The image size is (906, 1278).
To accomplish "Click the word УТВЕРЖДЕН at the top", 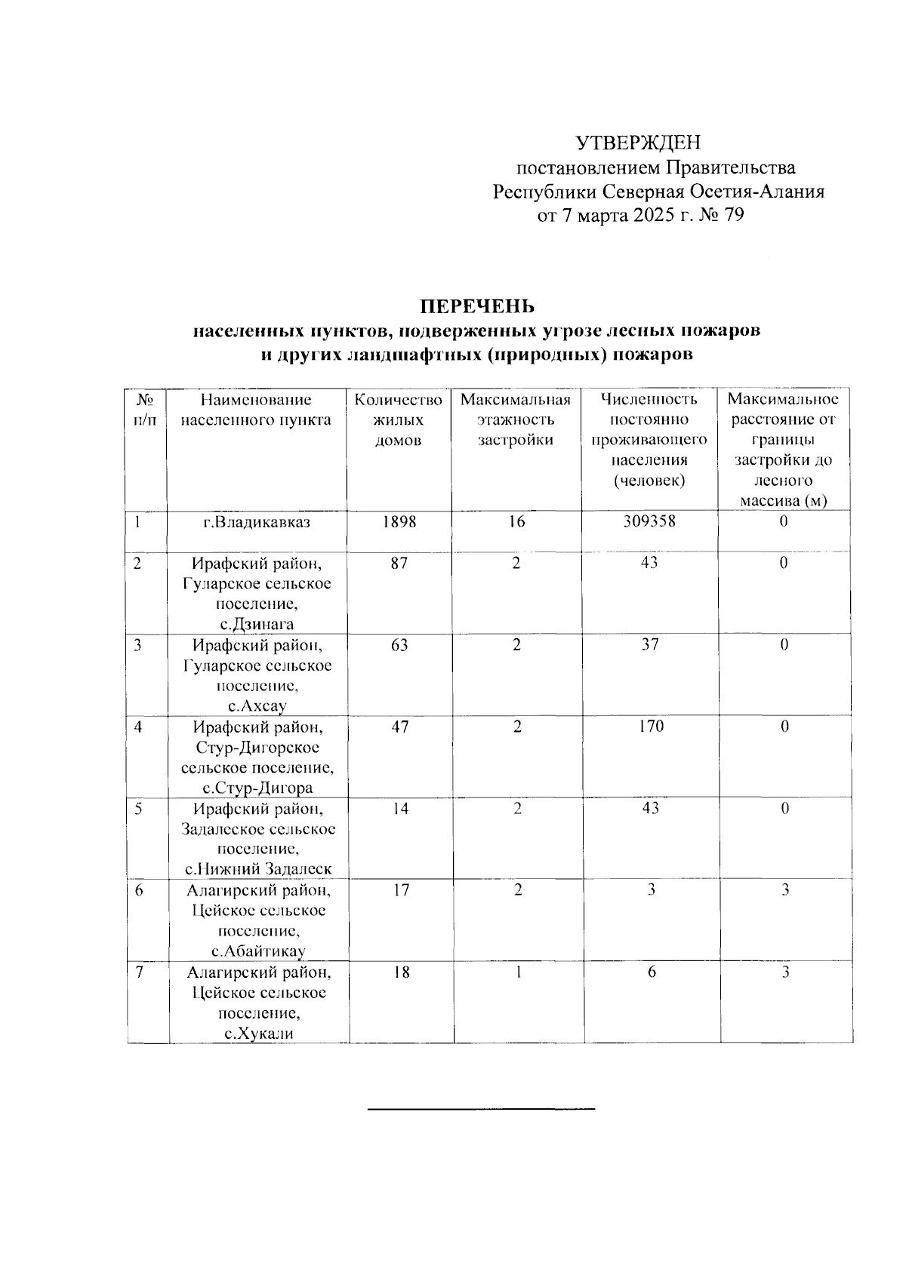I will [639, 142].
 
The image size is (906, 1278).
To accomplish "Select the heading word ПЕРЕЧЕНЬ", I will [477, 306].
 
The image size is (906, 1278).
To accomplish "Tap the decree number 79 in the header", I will [733, 216].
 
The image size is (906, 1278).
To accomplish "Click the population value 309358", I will [650, 521].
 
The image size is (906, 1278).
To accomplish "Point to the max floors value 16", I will [516, 521].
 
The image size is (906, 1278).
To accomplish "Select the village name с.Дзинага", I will [257, 624].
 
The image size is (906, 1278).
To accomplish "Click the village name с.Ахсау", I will [257, 706].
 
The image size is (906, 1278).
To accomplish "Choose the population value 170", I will [650, 726].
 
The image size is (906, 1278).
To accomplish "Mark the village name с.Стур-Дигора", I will [257, 788].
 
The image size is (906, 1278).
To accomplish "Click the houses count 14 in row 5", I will [400, 808].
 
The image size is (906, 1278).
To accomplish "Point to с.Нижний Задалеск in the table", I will [257, 869].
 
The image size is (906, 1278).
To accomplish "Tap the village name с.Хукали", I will [257, 1034].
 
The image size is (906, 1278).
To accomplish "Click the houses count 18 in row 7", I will [401, 972].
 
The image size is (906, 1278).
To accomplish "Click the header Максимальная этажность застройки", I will [516, 419].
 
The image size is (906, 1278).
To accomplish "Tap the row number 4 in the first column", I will [139, 727].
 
